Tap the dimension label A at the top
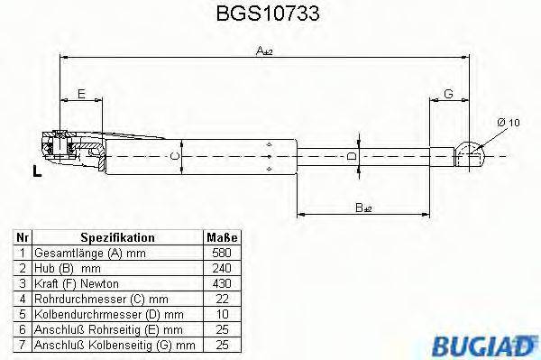click(262, 53)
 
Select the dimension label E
click(81, 93)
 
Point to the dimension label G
click(447, 93)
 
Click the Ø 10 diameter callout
click(507, 123)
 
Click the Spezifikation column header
click(117, 238)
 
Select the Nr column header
click(23, 238)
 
